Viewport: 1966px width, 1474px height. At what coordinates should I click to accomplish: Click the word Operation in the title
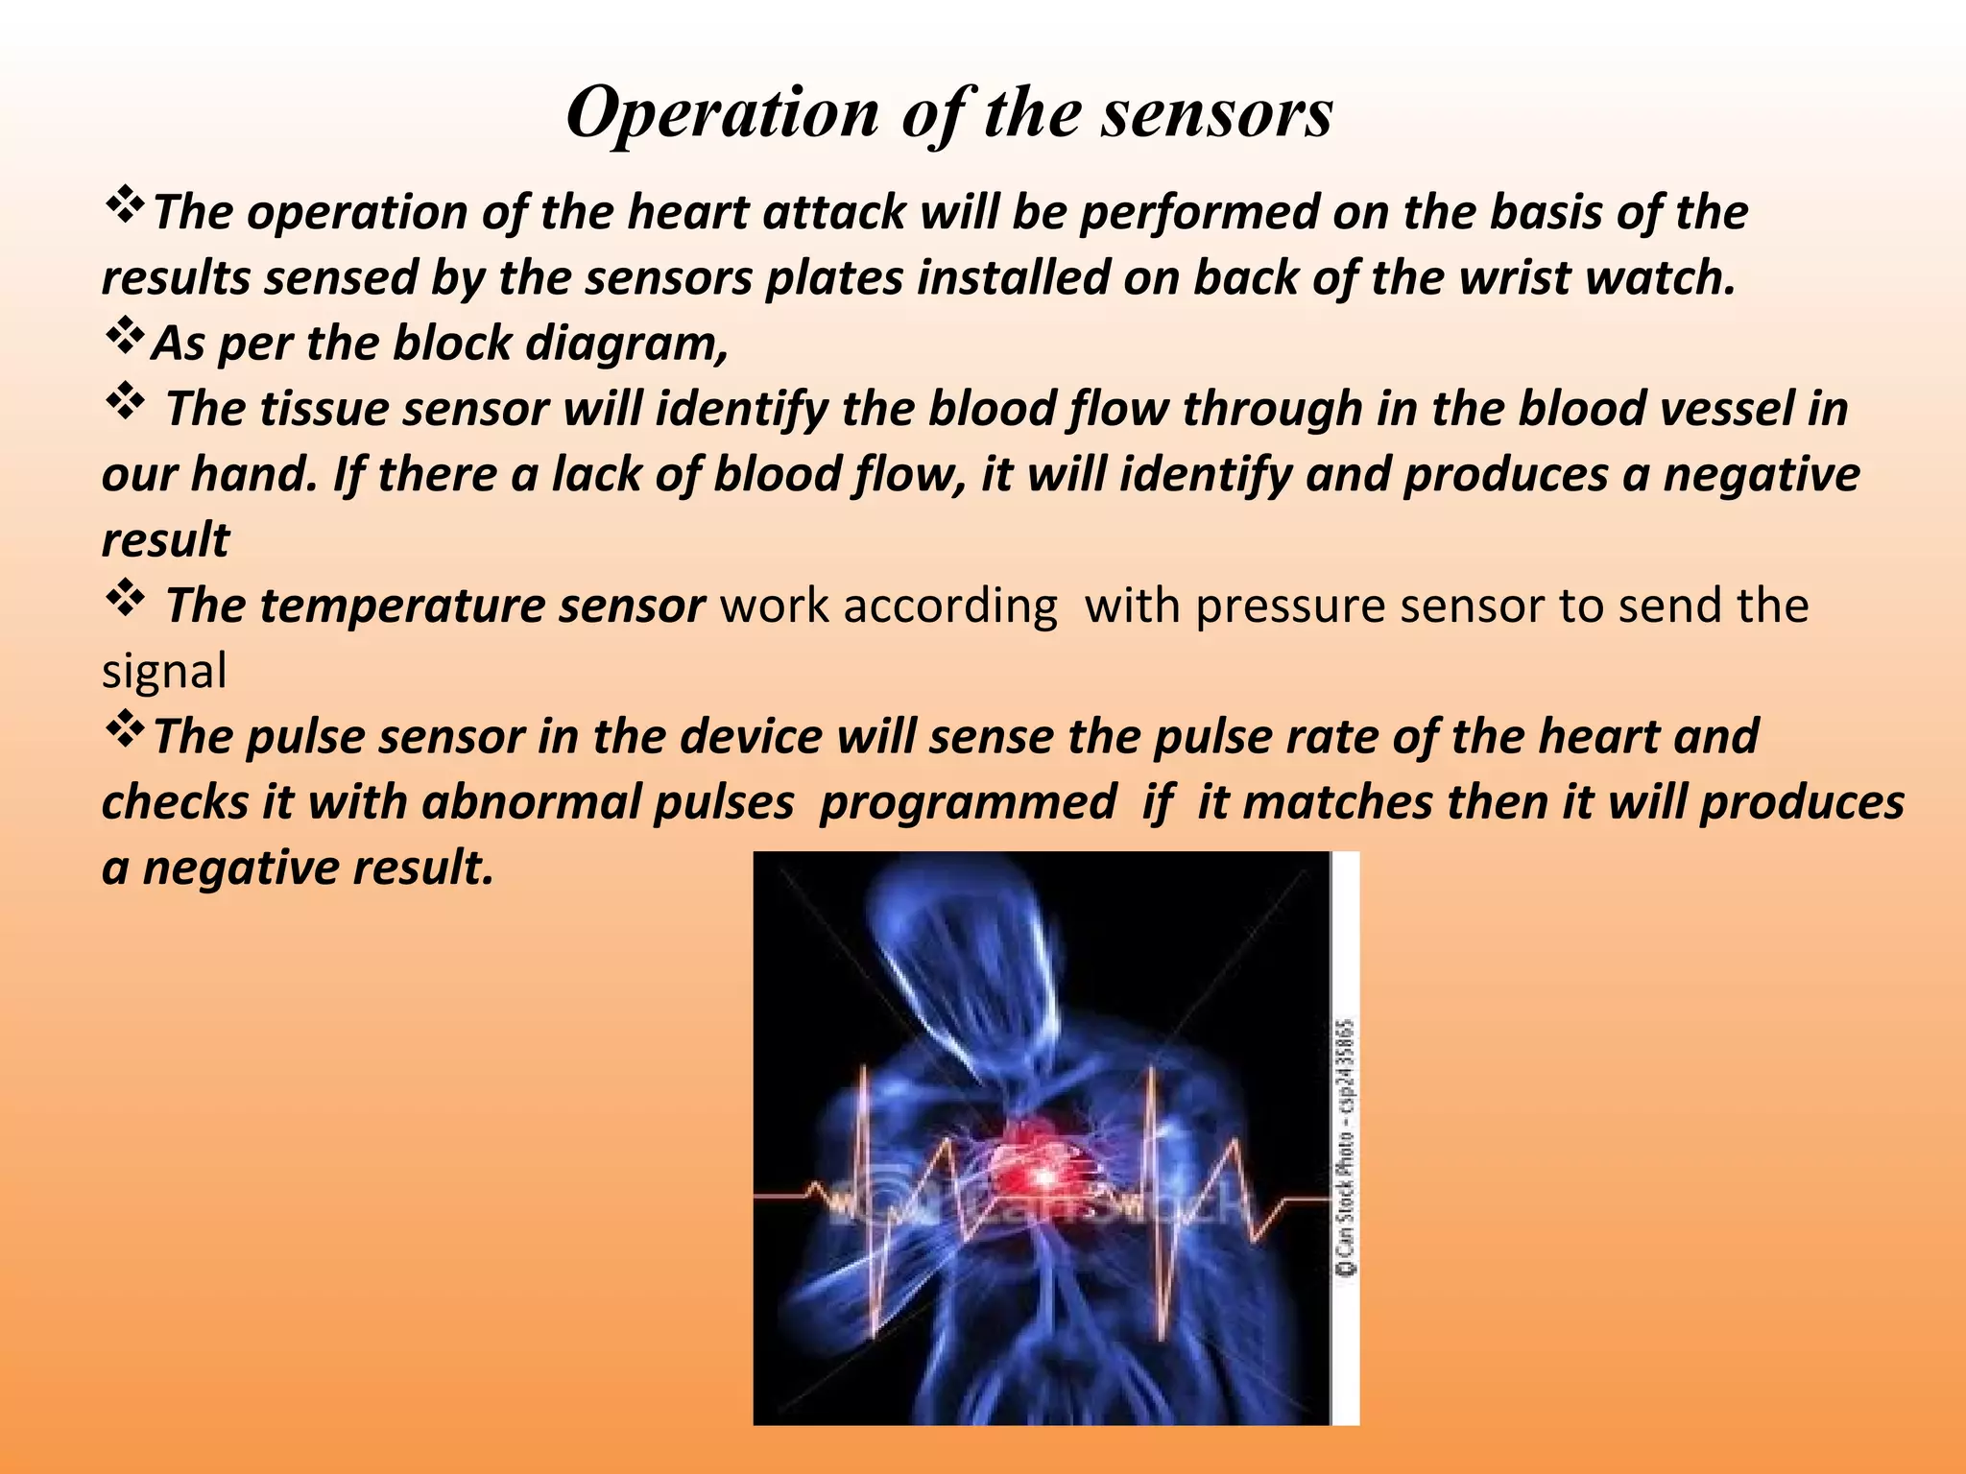coord(722,114)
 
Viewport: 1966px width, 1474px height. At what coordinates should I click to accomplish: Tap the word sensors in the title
coord(1216,114)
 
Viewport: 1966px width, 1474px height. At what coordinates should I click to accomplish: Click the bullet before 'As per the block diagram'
coord(123,337)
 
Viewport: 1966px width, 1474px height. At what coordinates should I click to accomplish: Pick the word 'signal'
coord(164,672)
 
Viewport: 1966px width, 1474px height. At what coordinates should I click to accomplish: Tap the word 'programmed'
coord(968,802)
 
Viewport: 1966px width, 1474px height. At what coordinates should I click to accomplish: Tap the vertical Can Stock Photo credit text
coord(1346,1147)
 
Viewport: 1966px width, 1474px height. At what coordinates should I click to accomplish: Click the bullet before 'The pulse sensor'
coord(123,730)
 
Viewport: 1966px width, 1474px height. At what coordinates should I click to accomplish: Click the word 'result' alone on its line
coord(165,541)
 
